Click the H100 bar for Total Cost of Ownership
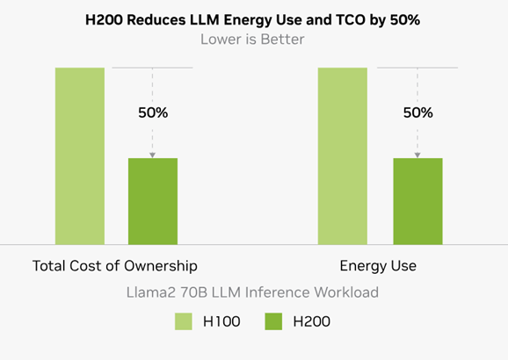80,155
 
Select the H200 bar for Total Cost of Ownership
153,201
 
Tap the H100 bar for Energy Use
343,155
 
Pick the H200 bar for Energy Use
417,201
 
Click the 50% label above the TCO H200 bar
153,112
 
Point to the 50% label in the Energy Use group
417,112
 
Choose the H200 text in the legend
311,322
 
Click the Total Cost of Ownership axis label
114,265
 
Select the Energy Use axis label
378,265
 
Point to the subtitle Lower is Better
253,39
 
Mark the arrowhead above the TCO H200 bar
153,155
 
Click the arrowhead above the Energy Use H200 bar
417,155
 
